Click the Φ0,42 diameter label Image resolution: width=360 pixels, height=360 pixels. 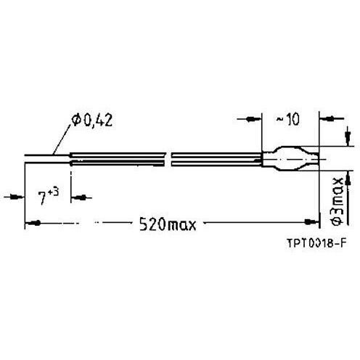[x=92, y=120]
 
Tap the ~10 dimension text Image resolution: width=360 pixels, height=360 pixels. [x=288, y=120]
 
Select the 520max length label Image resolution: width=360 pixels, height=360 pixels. [x=168, y=224]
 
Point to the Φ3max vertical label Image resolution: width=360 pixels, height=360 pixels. [x=337, y=201]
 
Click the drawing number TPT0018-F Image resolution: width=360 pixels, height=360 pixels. [x=315, y=244]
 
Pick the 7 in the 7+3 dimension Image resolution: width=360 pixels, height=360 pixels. [x=43, y=197]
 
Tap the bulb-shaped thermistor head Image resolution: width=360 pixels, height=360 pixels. [x=294, y=159]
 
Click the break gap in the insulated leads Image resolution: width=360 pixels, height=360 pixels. [x=168, y=159]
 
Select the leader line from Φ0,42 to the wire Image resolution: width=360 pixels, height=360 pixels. [x=62, y=139]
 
